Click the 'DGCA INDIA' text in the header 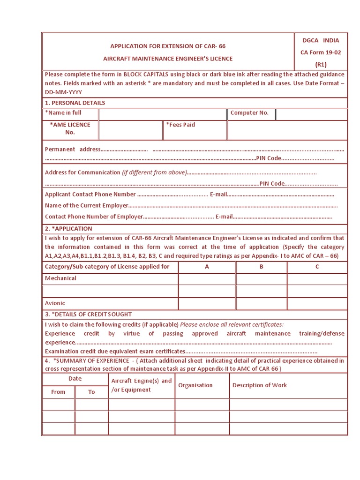[321, 40]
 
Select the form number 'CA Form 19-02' [321, 52]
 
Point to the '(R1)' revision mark [321, 65]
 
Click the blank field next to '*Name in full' [163, 114]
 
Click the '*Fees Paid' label [180, 125]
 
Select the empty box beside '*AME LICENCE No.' [131, 130]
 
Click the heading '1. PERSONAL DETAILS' [75, 103]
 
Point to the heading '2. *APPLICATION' [68, 229]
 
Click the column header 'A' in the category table [207, 267]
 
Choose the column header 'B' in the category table [262, 267]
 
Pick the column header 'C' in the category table [317, 267]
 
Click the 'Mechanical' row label [60, 278]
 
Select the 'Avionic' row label [55, 303]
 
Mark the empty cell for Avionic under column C [317, 303]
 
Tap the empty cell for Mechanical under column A [207, 279]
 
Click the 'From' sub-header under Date [58, 392]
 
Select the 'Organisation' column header [195, 385]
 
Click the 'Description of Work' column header [260, 385]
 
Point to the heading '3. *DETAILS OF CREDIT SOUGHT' [89, 314]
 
